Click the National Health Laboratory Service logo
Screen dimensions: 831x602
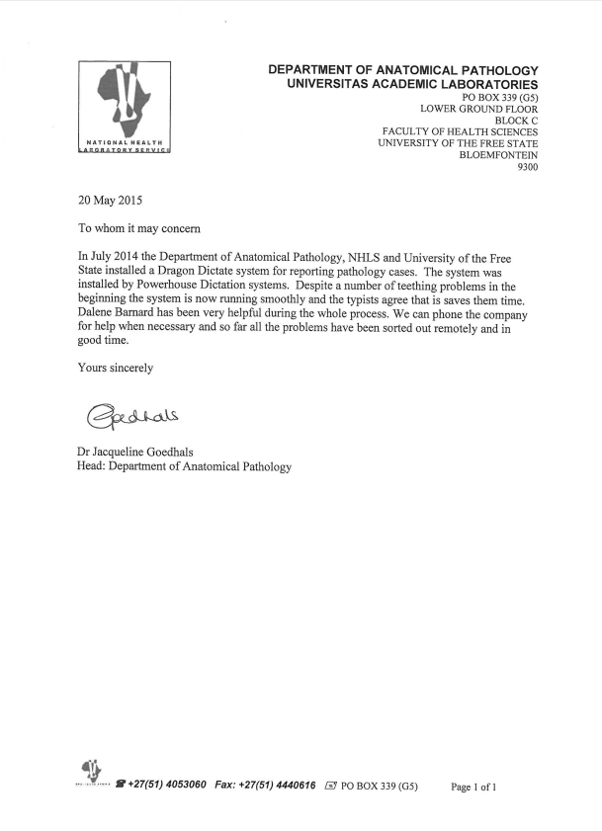[x=125, y=108]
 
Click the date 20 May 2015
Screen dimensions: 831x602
[x=110, y=202]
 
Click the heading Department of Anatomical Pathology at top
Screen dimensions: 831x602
[x=403, y=71]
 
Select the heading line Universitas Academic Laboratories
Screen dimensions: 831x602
[x=412, y=86]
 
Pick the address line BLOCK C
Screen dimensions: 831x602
[x=516, y=121]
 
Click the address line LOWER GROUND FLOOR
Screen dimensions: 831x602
[x=479, y=108]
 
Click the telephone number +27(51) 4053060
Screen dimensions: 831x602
[x=166, y=787]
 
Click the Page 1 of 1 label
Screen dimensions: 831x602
[x=473, y=788]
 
